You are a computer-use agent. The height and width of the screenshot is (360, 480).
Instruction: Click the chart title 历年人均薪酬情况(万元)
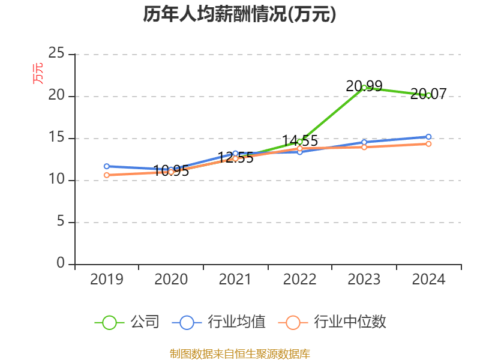(239, 14)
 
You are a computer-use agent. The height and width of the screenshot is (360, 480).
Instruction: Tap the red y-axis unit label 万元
(38, 73)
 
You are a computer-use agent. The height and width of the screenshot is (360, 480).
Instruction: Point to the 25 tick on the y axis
(56, 53)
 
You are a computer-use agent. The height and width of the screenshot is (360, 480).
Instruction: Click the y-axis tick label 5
(61, 221)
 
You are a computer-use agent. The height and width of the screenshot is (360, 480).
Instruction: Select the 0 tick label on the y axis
(61, 263)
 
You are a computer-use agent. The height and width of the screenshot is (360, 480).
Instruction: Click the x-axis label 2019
(107, 279)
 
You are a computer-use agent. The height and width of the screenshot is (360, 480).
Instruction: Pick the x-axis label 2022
(299, 279)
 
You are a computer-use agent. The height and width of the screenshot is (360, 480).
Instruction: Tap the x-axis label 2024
(428, 279)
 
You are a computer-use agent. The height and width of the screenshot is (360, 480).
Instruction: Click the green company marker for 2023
(364, 88)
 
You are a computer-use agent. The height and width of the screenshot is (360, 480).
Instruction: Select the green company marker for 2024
(428, 95)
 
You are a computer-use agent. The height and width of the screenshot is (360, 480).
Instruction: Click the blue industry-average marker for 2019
(107, 166)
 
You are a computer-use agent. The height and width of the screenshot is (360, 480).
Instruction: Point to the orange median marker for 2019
(107, 175)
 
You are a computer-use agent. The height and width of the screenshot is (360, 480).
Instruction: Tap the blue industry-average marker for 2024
(428, 137)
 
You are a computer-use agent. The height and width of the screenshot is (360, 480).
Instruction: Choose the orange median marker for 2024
(428, 144)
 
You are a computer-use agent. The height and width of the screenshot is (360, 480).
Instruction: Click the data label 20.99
(364, 86)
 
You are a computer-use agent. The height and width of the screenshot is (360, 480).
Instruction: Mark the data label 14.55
(300, 141)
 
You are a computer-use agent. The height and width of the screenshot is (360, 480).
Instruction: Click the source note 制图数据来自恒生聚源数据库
(240, 354)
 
